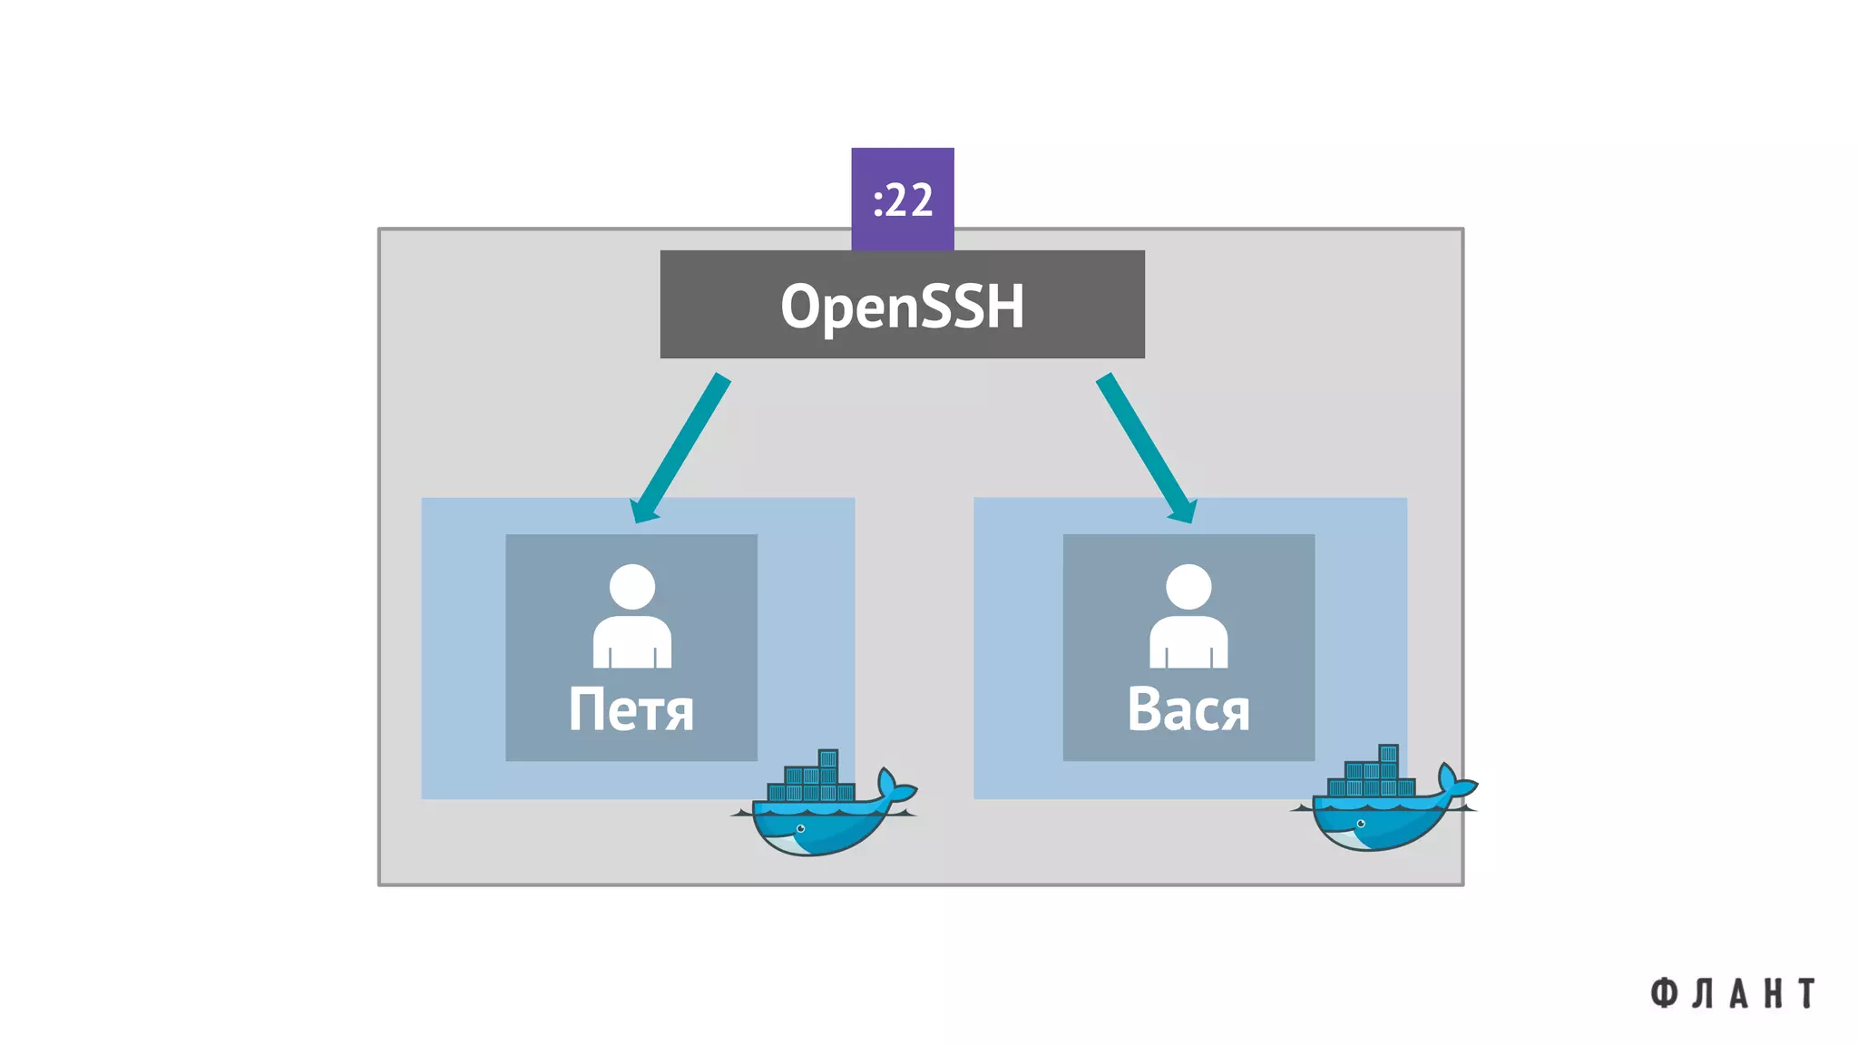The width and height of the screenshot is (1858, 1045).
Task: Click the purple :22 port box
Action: (902, 199)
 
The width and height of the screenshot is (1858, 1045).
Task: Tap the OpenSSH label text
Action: (902, 306)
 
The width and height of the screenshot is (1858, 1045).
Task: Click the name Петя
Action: (631, 709)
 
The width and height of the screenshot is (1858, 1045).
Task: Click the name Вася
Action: (1188, 709)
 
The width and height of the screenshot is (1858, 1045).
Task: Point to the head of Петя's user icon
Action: (632, 587)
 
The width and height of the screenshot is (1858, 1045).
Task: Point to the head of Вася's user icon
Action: (1188, 587)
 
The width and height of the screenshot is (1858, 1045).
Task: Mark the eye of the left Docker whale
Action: (800, 828)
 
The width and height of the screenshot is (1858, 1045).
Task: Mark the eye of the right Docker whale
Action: (1360, 824)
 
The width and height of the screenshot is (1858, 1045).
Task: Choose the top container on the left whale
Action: (827, 758)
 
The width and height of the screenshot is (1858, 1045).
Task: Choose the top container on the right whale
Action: (1388, 754)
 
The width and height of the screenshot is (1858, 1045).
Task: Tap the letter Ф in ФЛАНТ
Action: (1663, 993)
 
